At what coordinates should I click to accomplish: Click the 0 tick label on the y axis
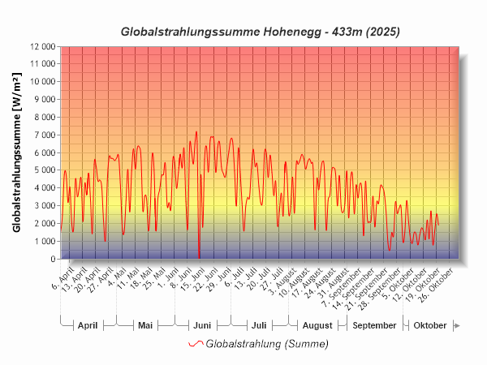coord(52,260)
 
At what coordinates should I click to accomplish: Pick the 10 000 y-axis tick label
coord(40,82)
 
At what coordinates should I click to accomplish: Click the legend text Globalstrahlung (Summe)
coord(267,344)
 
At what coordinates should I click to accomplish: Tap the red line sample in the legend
coord(196,344)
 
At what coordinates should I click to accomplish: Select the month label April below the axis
coord(87,325)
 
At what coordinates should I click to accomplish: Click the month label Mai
coord(145,325)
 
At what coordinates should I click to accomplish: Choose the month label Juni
coord(202,325)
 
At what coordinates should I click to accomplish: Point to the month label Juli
coord(258,325)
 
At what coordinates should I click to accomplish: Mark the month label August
coord(317,325)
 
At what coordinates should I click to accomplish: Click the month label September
coord(375,325)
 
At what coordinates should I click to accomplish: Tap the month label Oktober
coord(430,325)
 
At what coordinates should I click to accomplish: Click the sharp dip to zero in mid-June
coord(199,258)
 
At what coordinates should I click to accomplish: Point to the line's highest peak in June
coord(196,132)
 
